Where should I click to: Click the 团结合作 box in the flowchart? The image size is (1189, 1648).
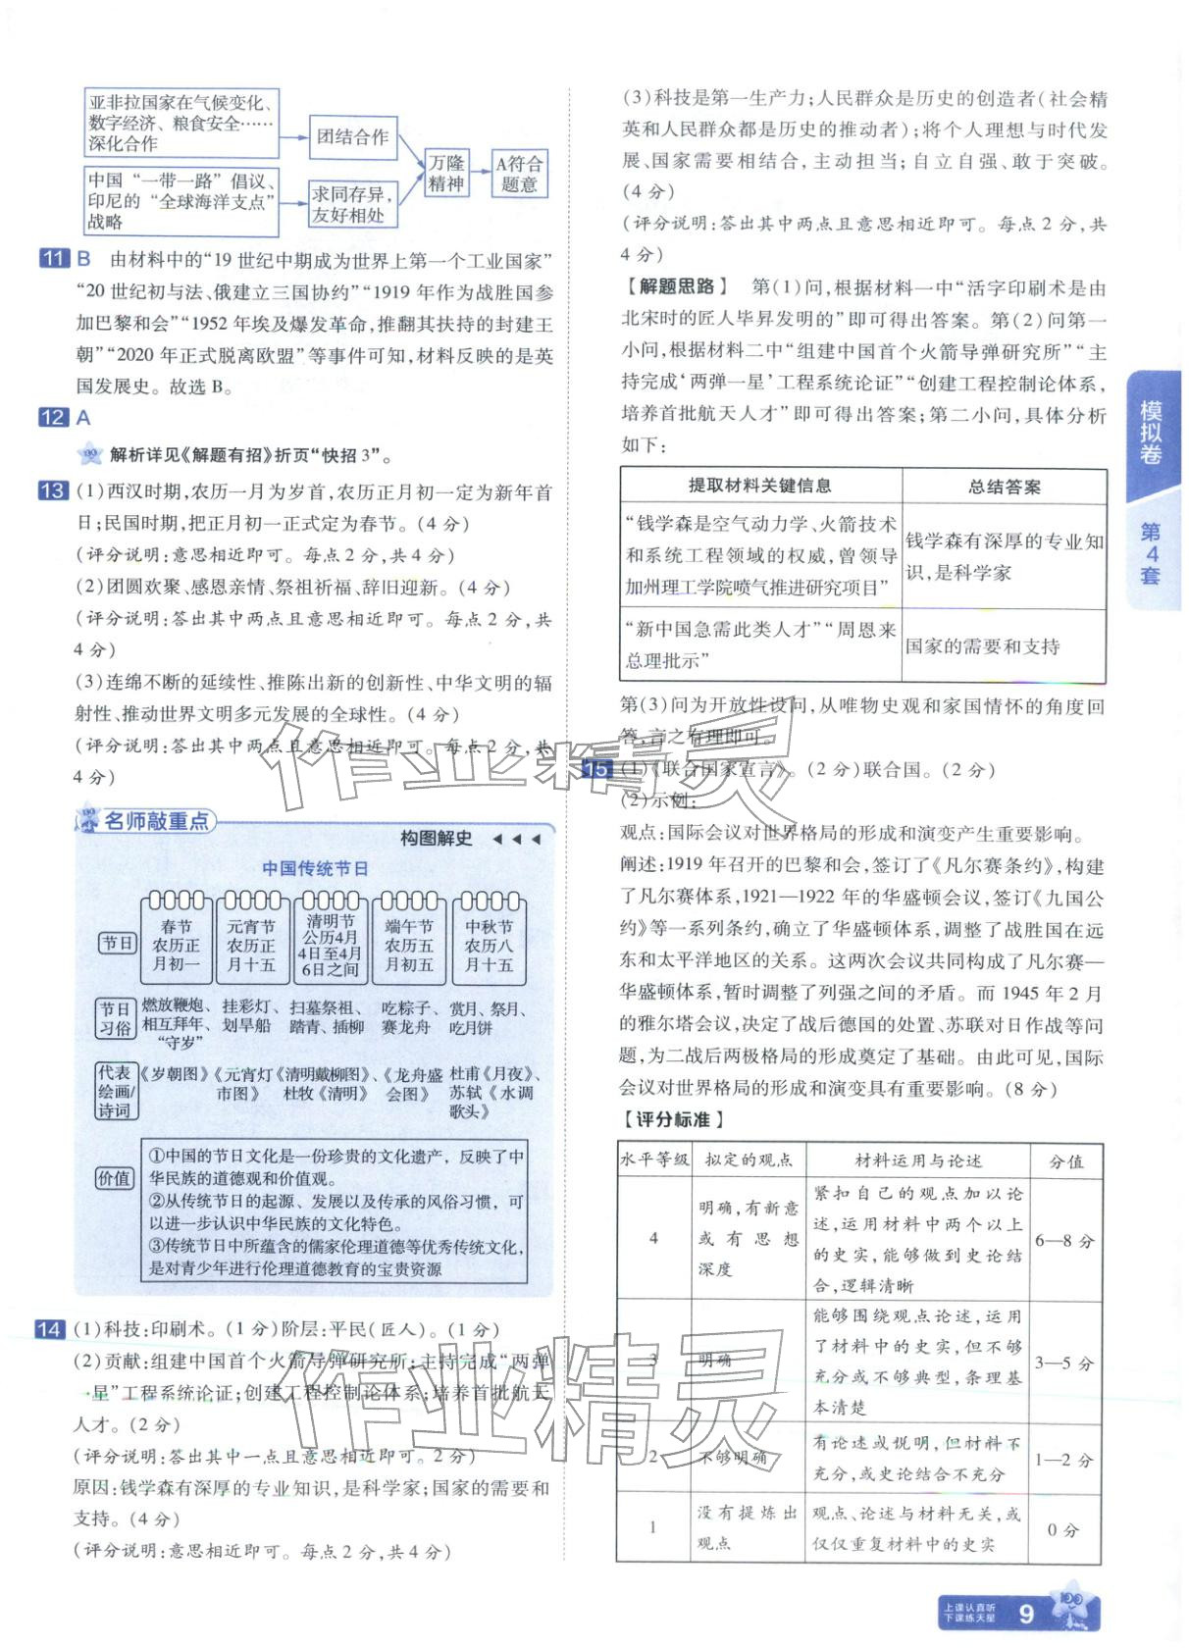coord(352,137)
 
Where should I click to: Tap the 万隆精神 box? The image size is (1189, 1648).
coord(446,174)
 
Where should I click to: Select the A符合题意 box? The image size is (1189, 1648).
coord(518,174)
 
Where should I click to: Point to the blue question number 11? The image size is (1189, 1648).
coord(53,260)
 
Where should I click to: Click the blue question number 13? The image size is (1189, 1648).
coord(53,490)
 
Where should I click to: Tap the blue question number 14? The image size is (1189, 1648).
coord(49,1329)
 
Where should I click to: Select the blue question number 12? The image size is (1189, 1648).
coord(53,418)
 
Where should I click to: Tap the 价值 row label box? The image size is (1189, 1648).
coord(115,1178)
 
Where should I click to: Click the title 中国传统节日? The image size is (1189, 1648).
coord(315,868)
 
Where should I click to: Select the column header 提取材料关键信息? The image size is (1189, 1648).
coord(760,486)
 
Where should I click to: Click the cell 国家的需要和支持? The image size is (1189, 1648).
coord(983,646)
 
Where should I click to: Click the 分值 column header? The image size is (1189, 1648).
coord(1066,1161)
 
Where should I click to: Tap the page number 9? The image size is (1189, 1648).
coord(1026,1614)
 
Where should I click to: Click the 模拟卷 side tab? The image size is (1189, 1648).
coord(1151,433)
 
